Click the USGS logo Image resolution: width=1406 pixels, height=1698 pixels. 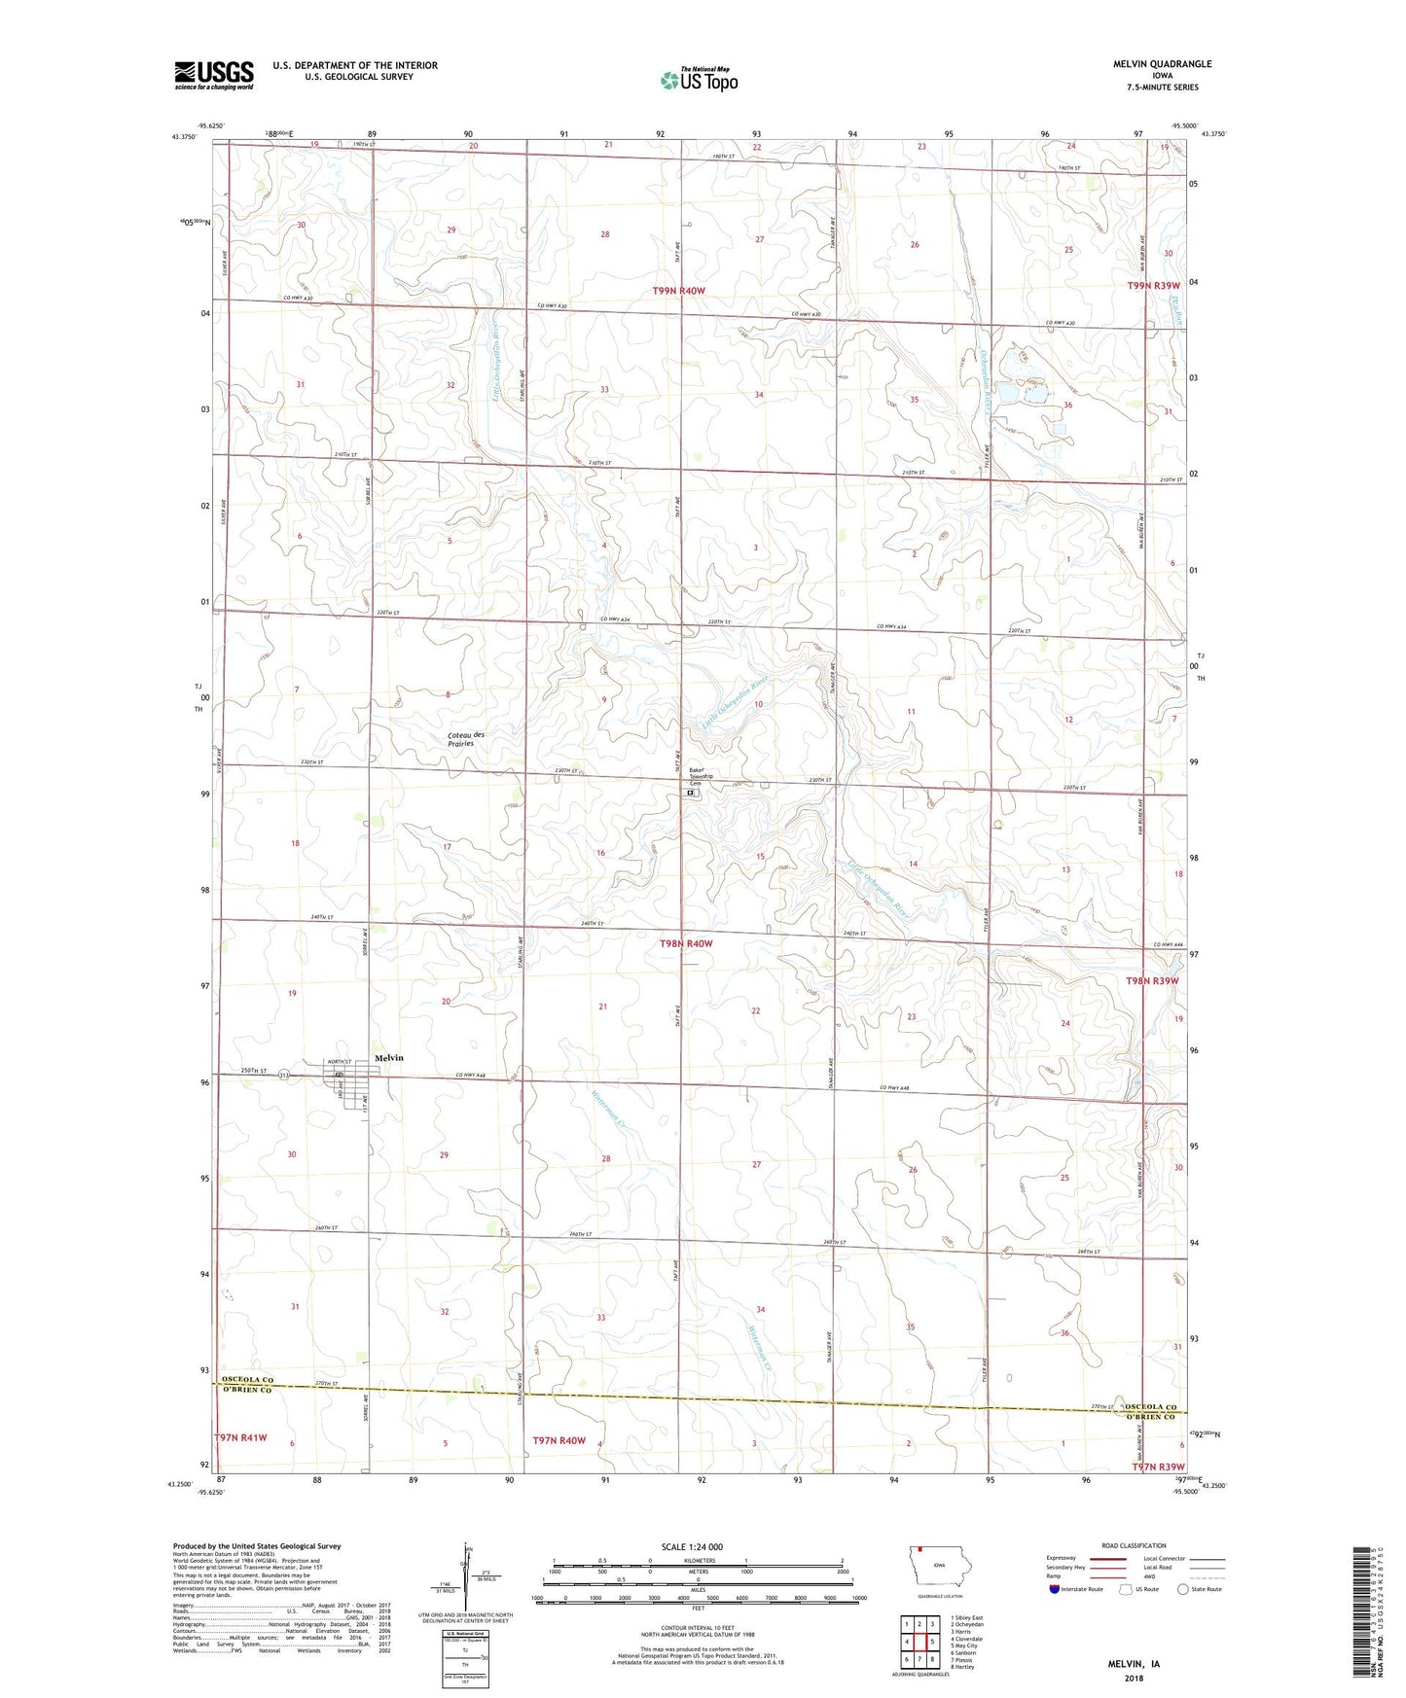point(214,75)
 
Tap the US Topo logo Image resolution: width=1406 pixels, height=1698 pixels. point(698,80)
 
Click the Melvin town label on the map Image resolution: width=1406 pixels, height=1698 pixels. point(388,1058)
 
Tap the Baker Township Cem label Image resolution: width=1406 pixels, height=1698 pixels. point(701,776)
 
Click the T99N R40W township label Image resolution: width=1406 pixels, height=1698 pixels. point(692,291)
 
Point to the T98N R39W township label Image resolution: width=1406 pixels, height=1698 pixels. point(1153,981)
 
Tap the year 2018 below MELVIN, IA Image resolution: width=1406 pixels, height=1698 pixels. point(1134,1678)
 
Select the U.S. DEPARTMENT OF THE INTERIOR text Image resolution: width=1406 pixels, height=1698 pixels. point(355,65)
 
